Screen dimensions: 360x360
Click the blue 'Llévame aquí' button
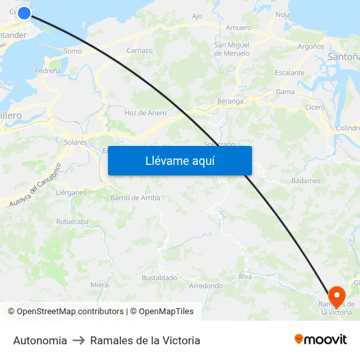(x=180, y=160)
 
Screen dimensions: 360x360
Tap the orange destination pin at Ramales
(x=337, y=297)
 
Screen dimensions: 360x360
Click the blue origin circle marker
(x=24, y=13)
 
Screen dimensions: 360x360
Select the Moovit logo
(x=321, y=340)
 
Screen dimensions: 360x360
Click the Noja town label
(x=283, y=14)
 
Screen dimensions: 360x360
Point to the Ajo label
(x=197, y=16)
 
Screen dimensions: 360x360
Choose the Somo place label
(x=73, y=51)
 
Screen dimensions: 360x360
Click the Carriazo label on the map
(x=139, y=50)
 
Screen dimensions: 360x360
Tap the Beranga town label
(x=230, y=101)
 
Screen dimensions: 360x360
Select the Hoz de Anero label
(x=145, y=113)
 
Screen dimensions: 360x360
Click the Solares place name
(x=75, y=141)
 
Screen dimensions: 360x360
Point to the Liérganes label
(x=71, y=192)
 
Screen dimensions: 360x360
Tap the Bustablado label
(x=160, y=278)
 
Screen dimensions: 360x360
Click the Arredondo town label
(x=206, y=286)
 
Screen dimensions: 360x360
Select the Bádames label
(x=306, y=181)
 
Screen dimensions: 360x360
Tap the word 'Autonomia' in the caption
(x=40, y=340)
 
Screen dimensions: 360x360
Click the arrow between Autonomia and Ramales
(x=79, y=340)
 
